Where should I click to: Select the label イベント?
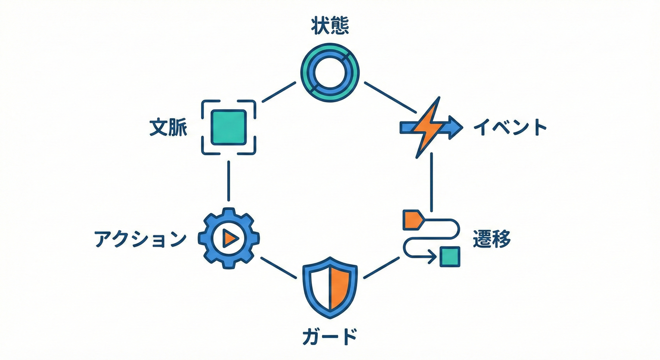(x=510, y=127)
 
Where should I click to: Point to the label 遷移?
(x=492, y=240)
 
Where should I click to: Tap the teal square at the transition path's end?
(x=450, y=256)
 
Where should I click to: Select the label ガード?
(x=330, y=337)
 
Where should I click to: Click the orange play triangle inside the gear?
(x=230, y=239)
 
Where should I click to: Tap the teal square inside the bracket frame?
(x=229, y=127)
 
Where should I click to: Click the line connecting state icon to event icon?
(x=390, y=97)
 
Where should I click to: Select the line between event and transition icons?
(x=431, y=182)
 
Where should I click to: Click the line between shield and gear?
(x=278, y=268)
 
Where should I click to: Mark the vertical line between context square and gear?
(x=229, y=180)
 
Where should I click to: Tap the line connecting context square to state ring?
(x=278, y=92)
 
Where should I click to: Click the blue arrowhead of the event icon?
(x=454, y=127)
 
